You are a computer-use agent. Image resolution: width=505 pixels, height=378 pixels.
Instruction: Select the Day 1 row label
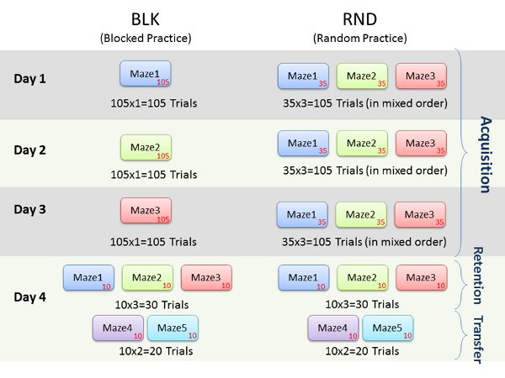pyautogui.click(x=30, y=79)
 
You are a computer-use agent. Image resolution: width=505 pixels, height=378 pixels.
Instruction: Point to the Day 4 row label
pyautogui.click(x=30, y=297)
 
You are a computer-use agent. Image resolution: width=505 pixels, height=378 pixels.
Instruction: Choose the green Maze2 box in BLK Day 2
pyautogui.click(x=146, y=148)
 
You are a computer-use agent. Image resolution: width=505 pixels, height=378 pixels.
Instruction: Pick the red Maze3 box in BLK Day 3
pyautogui.click(x=146, y=211)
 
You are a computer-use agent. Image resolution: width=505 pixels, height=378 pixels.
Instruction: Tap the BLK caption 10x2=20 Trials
pyautogui.click(x=157, y=350)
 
